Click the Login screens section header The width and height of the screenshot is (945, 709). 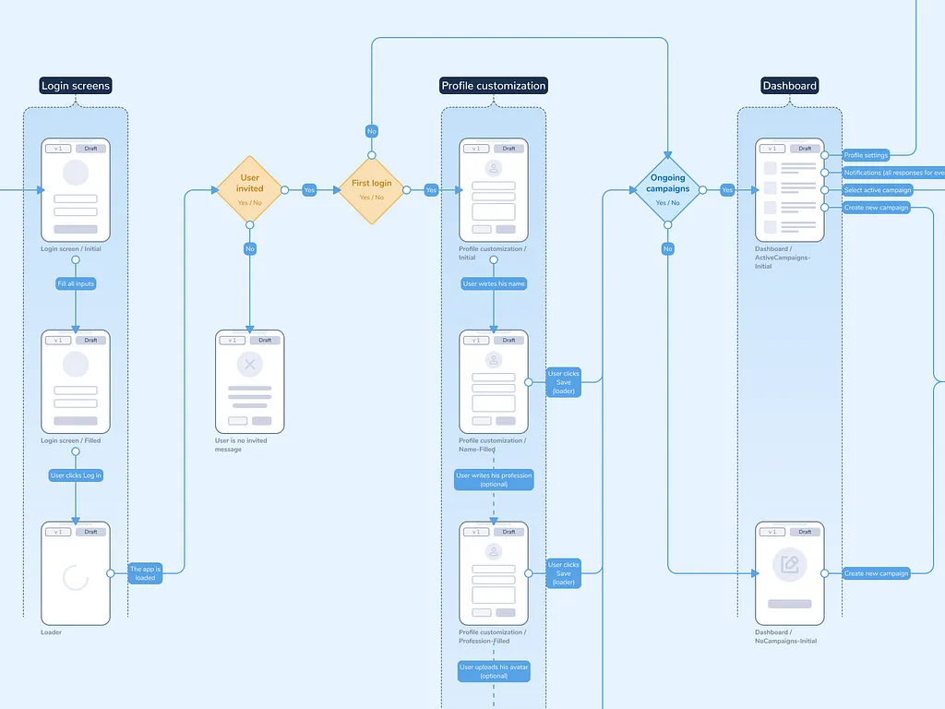click(76, 86)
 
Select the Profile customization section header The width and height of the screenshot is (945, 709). click(494, 86)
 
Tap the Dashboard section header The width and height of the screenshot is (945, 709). click(789, 86)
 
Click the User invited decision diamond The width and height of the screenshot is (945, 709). click(249, 189)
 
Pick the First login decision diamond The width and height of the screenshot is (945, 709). click(371, 189)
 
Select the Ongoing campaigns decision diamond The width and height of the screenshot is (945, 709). click(667, 189)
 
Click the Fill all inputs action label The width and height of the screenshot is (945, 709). click(76, 283)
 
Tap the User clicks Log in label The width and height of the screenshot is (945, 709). click(76, 475)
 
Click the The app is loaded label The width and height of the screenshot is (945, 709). click(145, 573)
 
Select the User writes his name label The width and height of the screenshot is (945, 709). click(494, 283)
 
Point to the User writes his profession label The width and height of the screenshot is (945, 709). click(494, 480)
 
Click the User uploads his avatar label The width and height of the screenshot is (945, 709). click(494, 671)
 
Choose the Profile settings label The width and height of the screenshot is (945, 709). click(866, 155)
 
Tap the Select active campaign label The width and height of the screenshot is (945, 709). click(877, 190)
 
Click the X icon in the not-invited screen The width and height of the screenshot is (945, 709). click(249, 365)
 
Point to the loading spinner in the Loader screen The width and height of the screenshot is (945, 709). click(76, 578)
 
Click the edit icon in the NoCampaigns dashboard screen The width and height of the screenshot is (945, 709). click(789, 565)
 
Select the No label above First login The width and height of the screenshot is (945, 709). click(371, 131)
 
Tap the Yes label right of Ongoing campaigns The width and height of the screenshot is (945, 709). click(727, 190)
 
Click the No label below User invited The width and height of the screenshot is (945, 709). click(249, 249)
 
